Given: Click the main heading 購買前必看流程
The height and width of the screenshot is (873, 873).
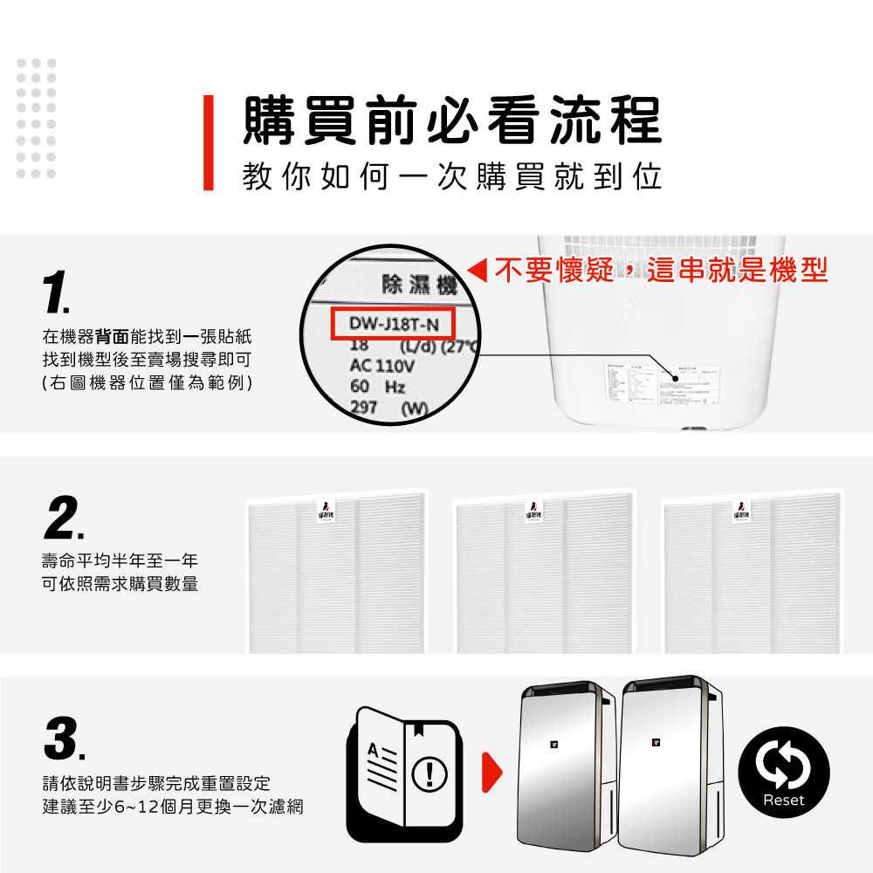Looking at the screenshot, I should coord(451,121).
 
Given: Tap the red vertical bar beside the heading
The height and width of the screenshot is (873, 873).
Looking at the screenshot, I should coord(208,142).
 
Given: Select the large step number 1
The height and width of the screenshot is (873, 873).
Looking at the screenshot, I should coord(57,292).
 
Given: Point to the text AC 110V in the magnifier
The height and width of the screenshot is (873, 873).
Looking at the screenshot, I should coord(382,367).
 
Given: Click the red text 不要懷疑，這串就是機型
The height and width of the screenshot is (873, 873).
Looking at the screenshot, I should coord(660,271).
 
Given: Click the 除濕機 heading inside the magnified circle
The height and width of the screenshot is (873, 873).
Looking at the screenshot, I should coord(419,285).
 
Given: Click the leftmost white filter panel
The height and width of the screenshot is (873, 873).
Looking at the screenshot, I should coord(336,577).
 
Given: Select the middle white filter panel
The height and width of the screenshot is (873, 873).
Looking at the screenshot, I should coord(545,577).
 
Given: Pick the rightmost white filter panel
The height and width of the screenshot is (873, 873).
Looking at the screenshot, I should coord(752,577).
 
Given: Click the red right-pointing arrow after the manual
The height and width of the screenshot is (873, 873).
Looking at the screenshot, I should coord(493,772).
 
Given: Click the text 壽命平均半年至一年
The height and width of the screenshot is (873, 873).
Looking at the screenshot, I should coord(120,560).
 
